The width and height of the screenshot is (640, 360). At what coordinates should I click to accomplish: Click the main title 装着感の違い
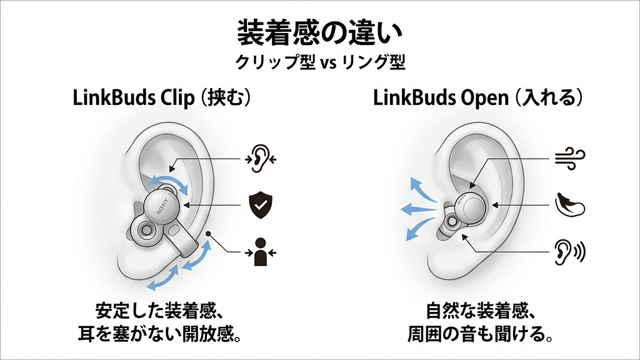pos(319,32)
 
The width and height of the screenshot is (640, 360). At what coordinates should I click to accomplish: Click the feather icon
pos(569,204)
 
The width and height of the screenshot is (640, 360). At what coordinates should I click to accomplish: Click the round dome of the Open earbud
pos(474,207)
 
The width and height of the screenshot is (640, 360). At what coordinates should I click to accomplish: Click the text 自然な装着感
pos(479,311)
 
